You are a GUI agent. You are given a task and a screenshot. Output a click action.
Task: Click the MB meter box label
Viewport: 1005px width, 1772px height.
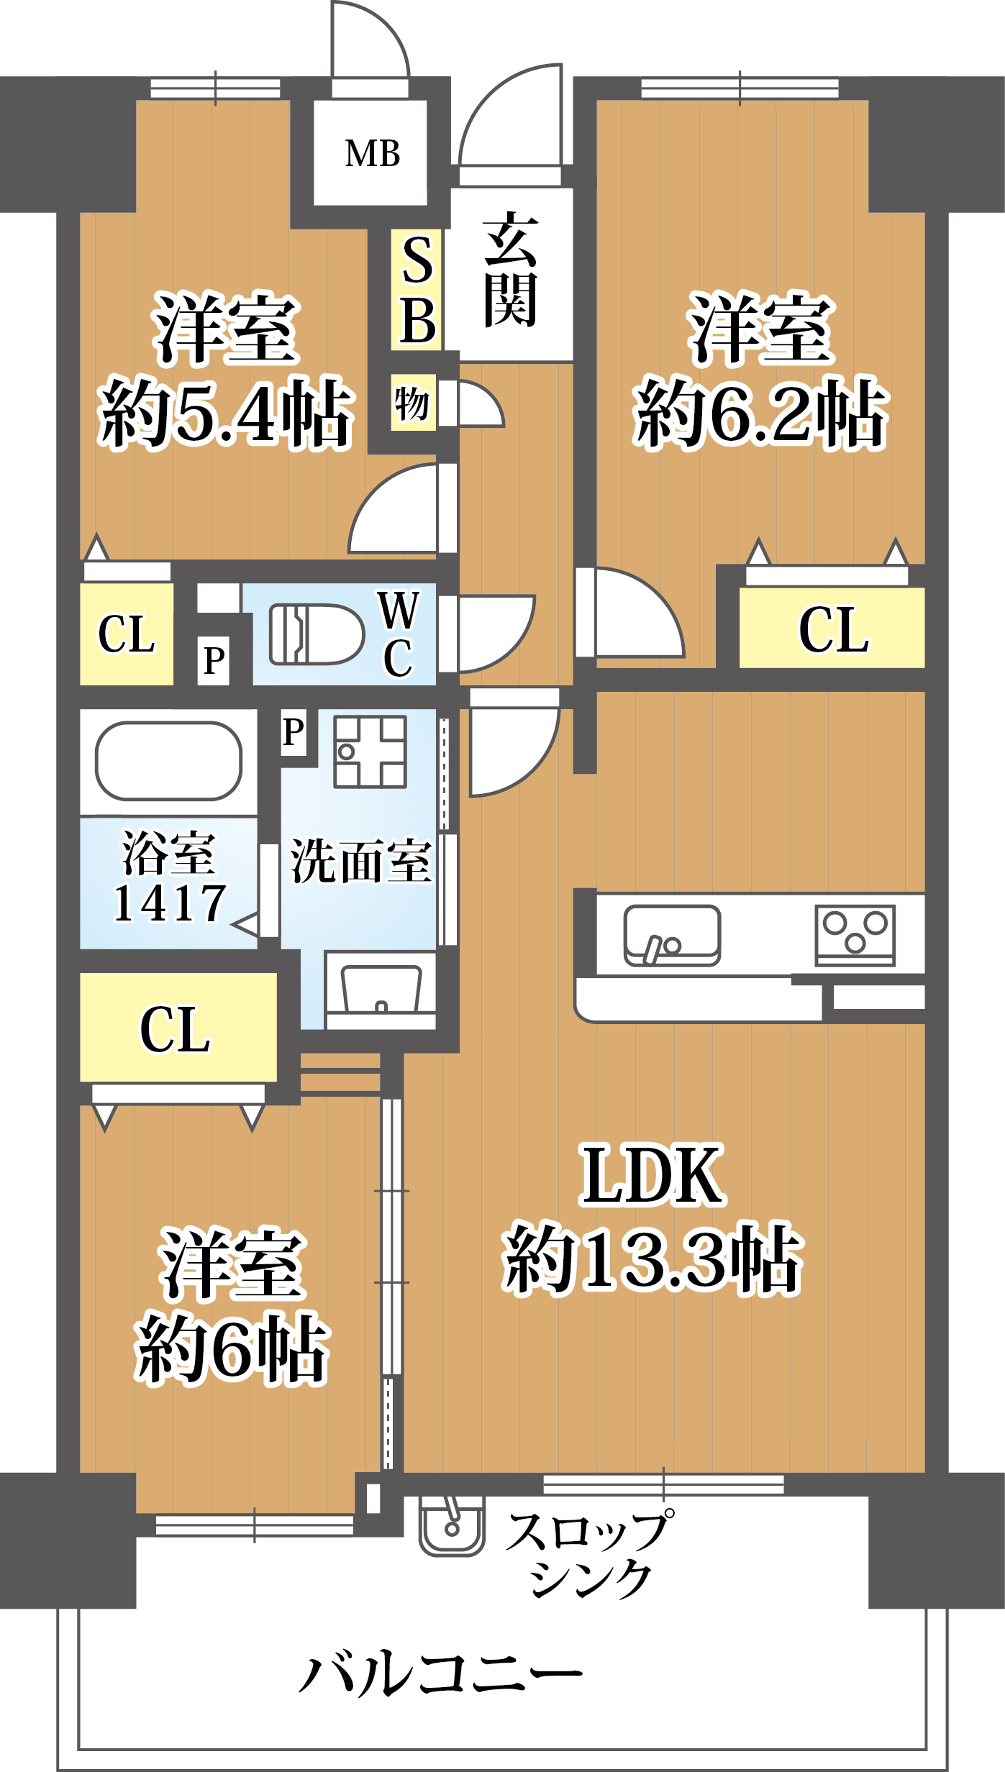point(372,153)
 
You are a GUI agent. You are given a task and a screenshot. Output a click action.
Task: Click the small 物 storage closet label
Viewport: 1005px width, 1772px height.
point(412,402)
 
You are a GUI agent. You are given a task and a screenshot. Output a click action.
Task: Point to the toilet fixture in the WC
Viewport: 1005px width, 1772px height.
point(317,634)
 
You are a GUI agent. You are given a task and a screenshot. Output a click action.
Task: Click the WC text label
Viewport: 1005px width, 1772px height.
point(398,634)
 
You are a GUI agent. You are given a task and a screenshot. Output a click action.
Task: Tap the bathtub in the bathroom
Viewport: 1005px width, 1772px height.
point(168,761)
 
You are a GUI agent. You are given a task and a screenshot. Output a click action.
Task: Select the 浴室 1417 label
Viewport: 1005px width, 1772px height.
point(169,877)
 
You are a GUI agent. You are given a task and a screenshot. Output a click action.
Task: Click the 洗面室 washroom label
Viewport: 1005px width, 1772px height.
point(360,861)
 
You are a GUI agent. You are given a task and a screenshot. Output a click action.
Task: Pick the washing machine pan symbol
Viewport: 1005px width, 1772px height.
point(370,751)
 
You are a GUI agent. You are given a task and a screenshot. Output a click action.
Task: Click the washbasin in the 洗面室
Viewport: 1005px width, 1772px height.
point(381,989)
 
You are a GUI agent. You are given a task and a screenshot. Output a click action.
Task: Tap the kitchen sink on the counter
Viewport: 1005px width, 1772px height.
point(672,935)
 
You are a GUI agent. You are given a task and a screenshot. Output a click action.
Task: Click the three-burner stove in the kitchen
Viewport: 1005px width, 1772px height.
point(855,933)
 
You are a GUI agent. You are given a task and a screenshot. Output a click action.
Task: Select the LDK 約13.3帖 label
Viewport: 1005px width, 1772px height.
point(652,1215)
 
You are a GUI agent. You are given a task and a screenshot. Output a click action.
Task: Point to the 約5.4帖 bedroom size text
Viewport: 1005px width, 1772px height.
point(226,413)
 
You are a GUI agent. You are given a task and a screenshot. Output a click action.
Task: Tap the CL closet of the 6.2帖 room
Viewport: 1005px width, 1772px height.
point(832,629)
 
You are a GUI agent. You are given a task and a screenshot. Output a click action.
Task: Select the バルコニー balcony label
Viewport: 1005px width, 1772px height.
point(440,1673)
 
